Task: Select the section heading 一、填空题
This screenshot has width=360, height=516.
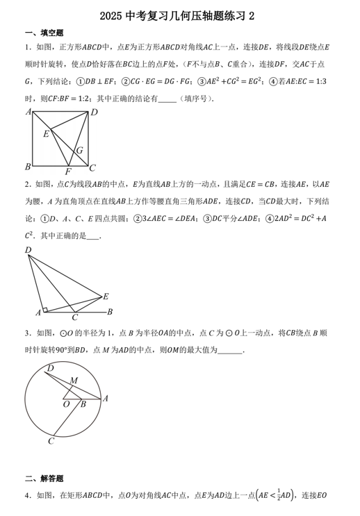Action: (44, 33)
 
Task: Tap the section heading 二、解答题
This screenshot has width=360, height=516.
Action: (44, 478)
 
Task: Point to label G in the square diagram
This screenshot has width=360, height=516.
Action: (80, 150)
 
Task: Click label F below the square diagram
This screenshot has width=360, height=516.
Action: (67, 172)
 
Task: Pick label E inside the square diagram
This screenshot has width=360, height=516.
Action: (46, 133)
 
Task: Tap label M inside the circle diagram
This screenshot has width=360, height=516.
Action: (73, 380)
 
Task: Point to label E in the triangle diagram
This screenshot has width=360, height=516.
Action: (106, 297)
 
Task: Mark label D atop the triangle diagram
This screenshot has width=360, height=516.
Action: (28, 250)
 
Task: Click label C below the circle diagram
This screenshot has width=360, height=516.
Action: (51, 440)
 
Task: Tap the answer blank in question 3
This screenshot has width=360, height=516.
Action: (230, 351)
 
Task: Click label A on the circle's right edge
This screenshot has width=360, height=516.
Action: (105, 399)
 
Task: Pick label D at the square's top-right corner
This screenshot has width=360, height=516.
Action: (95, 113)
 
